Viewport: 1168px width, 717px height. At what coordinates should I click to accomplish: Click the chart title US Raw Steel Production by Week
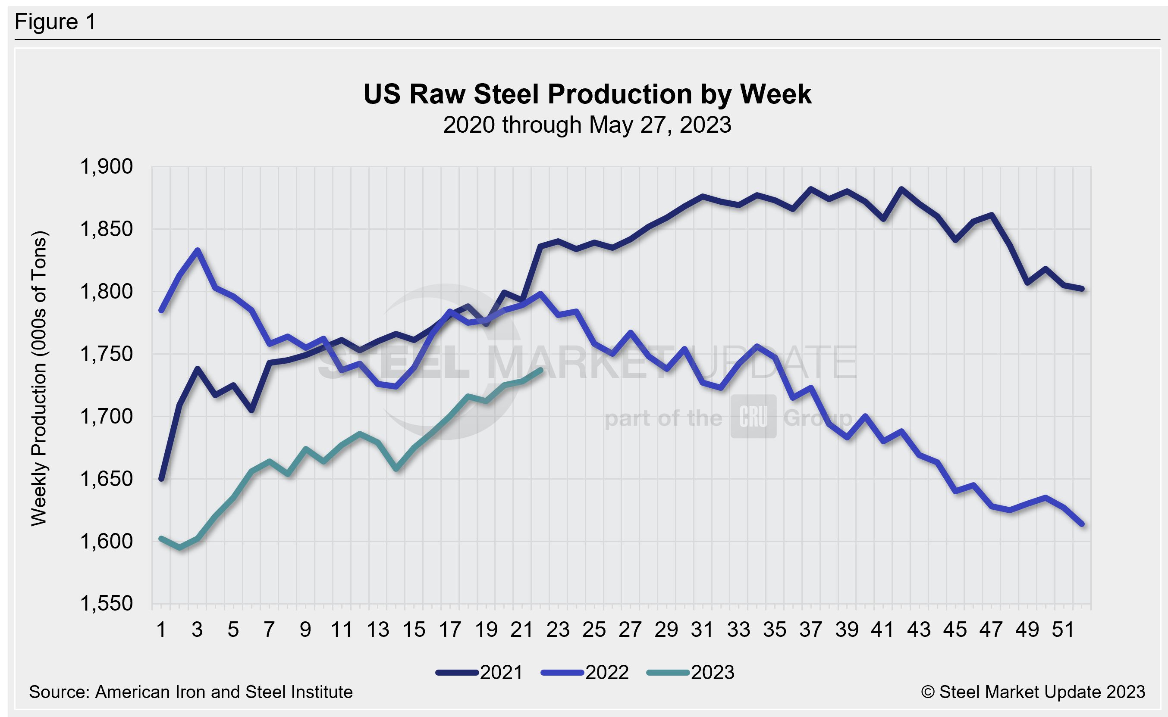pyautogui.click(x=587, y=94)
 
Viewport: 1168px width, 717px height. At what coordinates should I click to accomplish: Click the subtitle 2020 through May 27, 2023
pyautogui.click(x=587, y=125)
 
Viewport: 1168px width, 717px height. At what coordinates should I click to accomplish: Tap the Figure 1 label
pyautogui.click(x=55, y=22)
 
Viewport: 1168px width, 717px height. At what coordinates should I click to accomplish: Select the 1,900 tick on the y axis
pyautogui.click(x=106, y=167)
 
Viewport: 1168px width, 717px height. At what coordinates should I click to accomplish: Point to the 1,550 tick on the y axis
pyautogui.click(x=106, y=604)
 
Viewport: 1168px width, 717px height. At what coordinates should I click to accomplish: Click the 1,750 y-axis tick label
pyautogui.click(x=106, y=354)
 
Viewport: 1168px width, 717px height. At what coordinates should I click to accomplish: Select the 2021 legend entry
pyautogui.click(x=480, y=673)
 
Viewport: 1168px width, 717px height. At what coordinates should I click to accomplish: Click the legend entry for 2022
pyautogui.click(x=585, y=673)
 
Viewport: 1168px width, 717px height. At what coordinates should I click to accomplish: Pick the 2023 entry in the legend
pyautogui.click(x=691, y=673)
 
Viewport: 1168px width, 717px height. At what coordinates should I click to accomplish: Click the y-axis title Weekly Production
pyautogui.click(x=39, y=378)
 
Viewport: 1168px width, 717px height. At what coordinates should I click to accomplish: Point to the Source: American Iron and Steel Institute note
pyautogui.click(x=191, y=692)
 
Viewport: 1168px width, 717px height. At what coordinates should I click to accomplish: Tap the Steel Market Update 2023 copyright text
pyautogui.click(x=1033, y=692)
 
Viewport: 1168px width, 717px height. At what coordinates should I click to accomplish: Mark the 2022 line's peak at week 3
pyautogui.click(x=198, y=250)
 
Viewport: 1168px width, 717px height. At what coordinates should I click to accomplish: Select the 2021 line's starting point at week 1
pyautogui.click(x=161, y=479)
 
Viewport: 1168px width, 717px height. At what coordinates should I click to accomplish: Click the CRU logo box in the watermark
pyautogui.click(x=753, y=416)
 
